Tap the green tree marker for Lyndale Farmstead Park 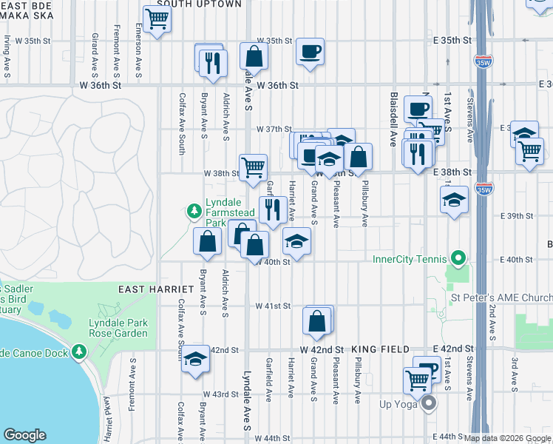point(194,212)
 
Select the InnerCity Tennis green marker point(458,259)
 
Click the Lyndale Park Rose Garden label point(118,328)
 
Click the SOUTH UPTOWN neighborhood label point(200,4)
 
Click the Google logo point(25,435)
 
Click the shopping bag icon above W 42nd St point(316,321)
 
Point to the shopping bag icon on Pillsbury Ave point(359,156)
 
